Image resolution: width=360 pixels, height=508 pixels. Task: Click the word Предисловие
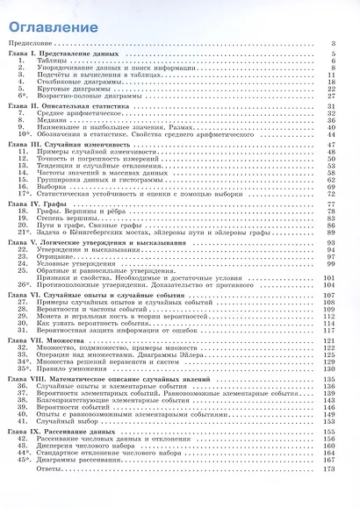tap(32, 42)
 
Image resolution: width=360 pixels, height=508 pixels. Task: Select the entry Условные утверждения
tap(73, 261)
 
